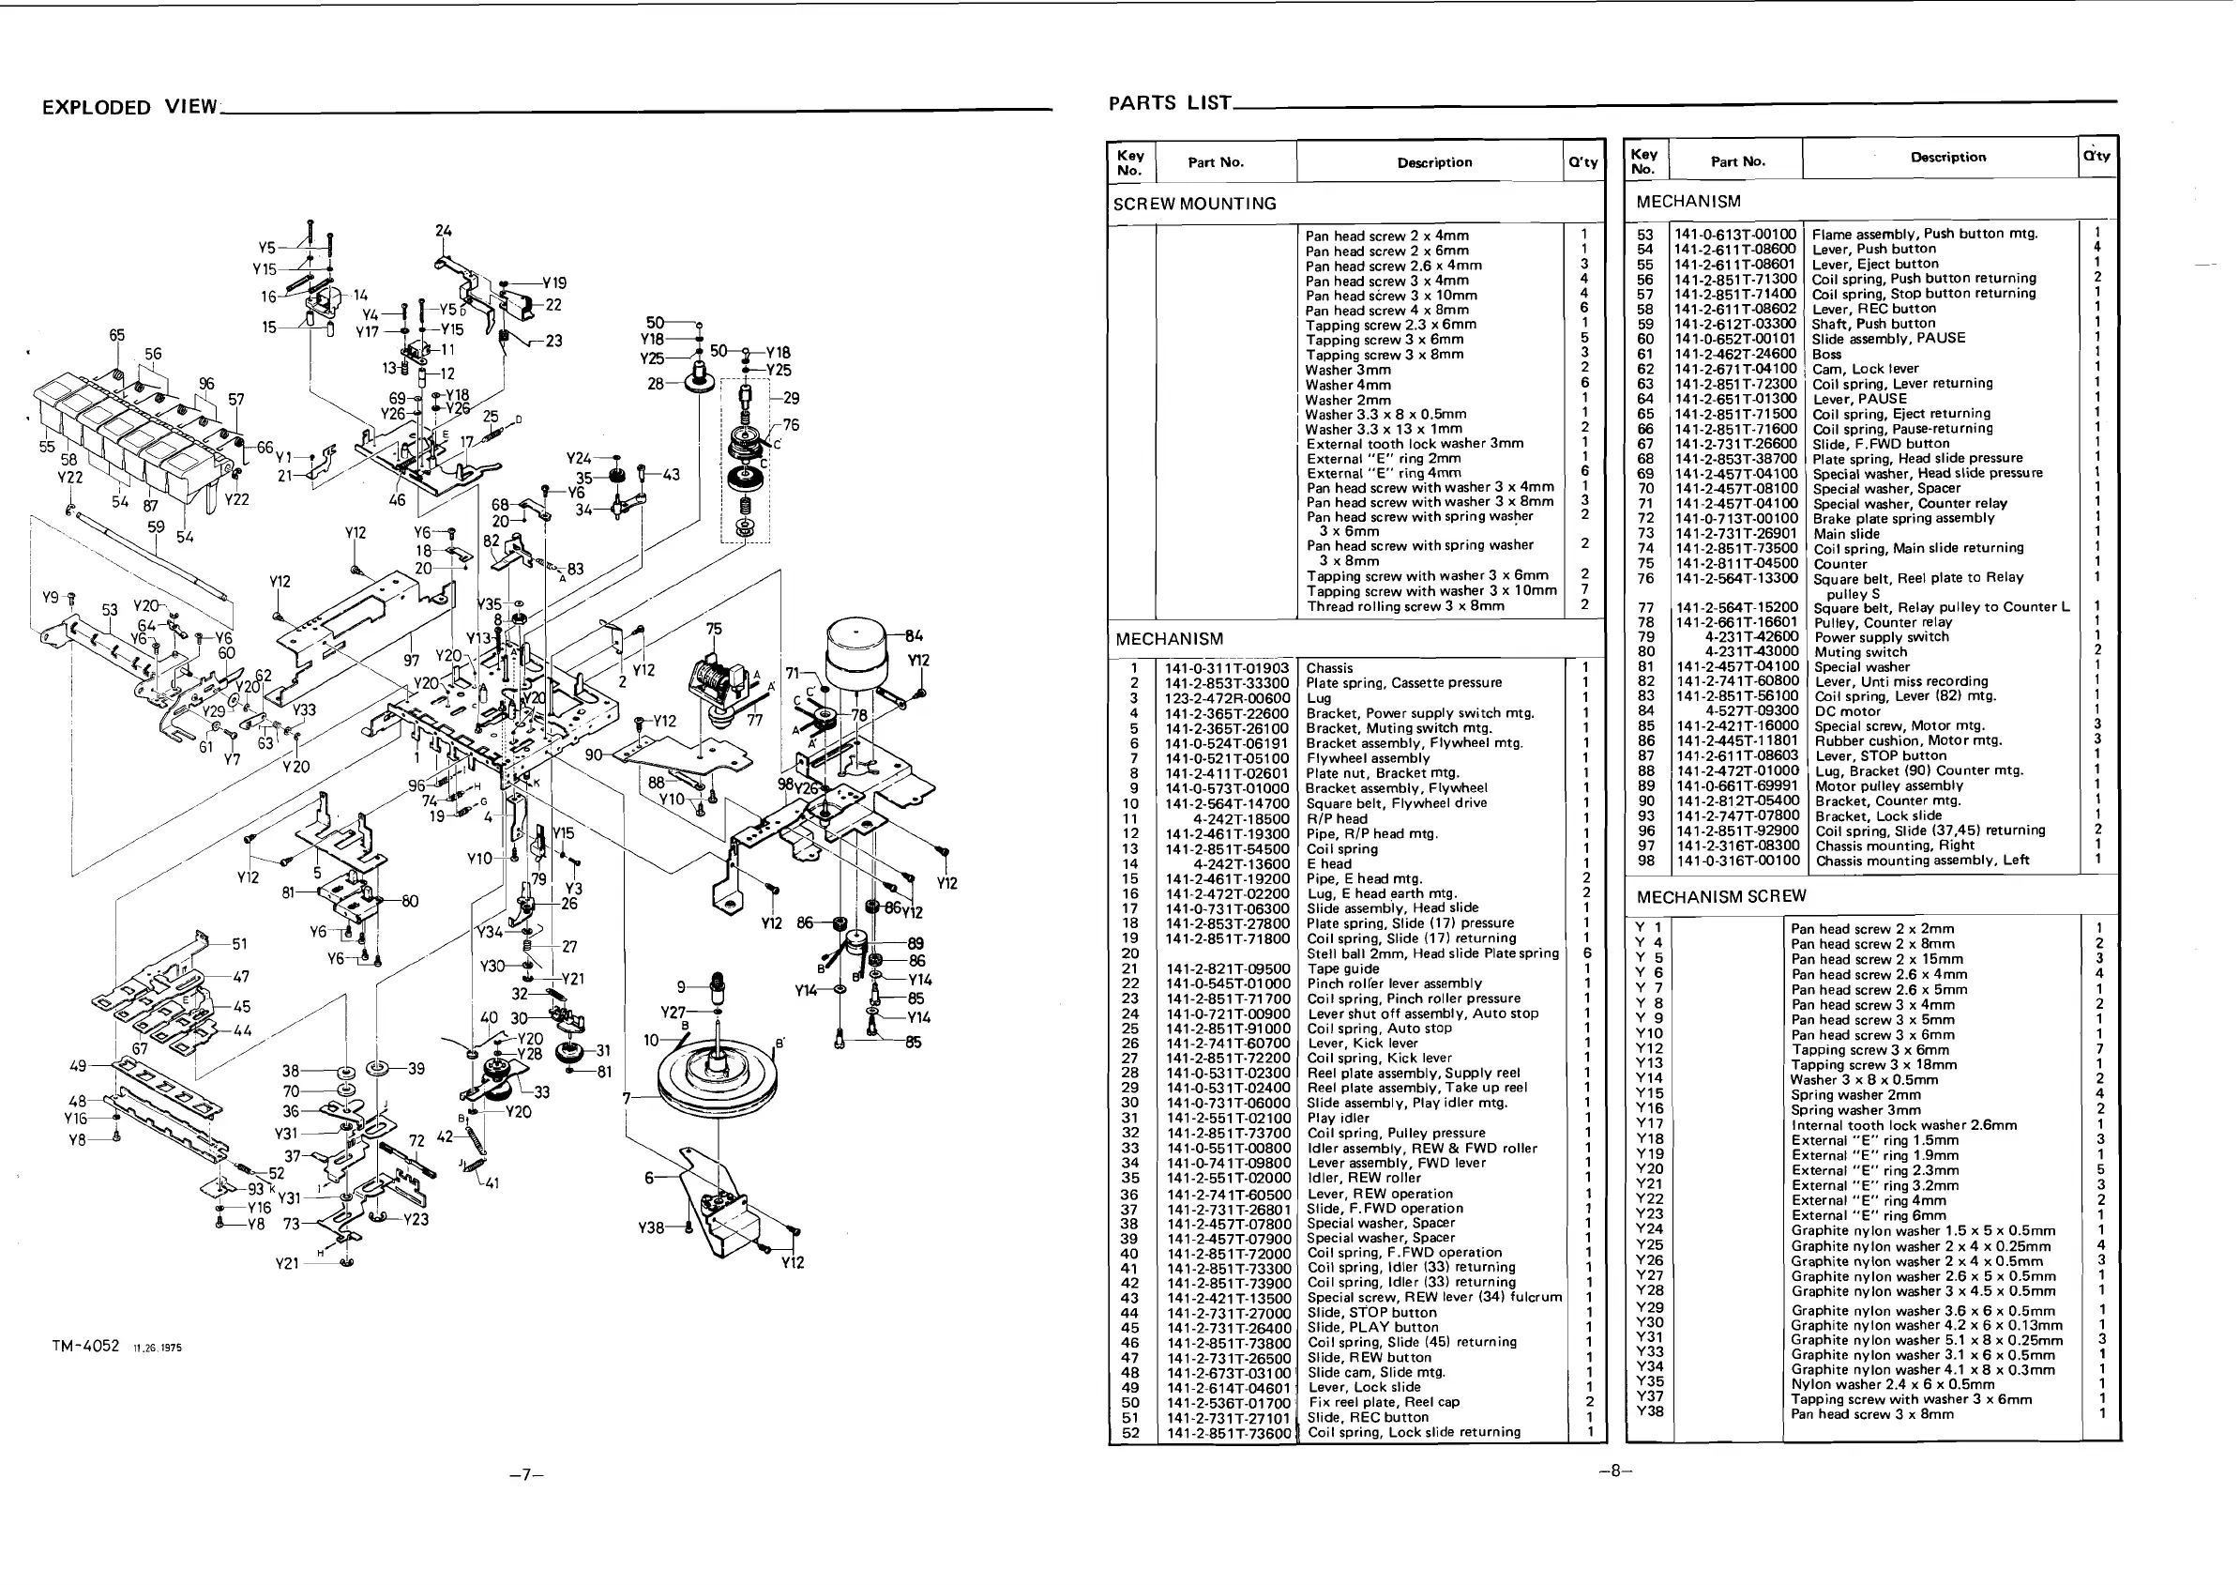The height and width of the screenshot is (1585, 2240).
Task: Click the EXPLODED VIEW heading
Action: tap(129, 107)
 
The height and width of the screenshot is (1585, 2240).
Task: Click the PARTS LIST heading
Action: tap(1170, 102)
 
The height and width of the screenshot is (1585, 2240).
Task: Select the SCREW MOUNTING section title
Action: tap(1194, 204)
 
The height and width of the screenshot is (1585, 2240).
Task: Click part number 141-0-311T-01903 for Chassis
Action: tap(1226, 668)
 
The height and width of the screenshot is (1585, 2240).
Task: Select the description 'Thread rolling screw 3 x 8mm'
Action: tap(1405, 606)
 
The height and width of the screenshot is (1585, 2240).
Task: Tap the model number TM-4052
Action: tap(86, 1346)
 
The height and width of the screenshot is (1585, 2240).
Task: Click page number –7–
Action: tap(526, 1474)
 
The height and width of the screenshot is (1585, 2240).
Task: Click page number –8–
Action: tap(1614, 1471)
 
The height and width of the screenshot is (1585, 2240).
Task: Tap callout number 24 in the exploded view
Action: tap(444, 231)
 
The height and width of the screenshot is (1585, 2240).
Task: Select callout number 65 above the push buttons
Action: tap(117, 335)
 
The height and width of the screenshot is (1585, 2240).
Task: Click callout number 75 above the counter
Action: tap(714, 630)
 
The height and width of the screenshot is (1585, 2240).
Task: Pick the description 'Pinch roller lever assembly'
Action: tap(1394, 983)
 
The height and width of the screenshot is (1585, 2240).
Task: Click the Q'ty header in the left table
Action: tap(1582, 163)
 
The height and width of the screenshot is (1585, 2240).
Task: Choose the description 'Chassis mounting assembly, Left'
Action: tap(1921, 861)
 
